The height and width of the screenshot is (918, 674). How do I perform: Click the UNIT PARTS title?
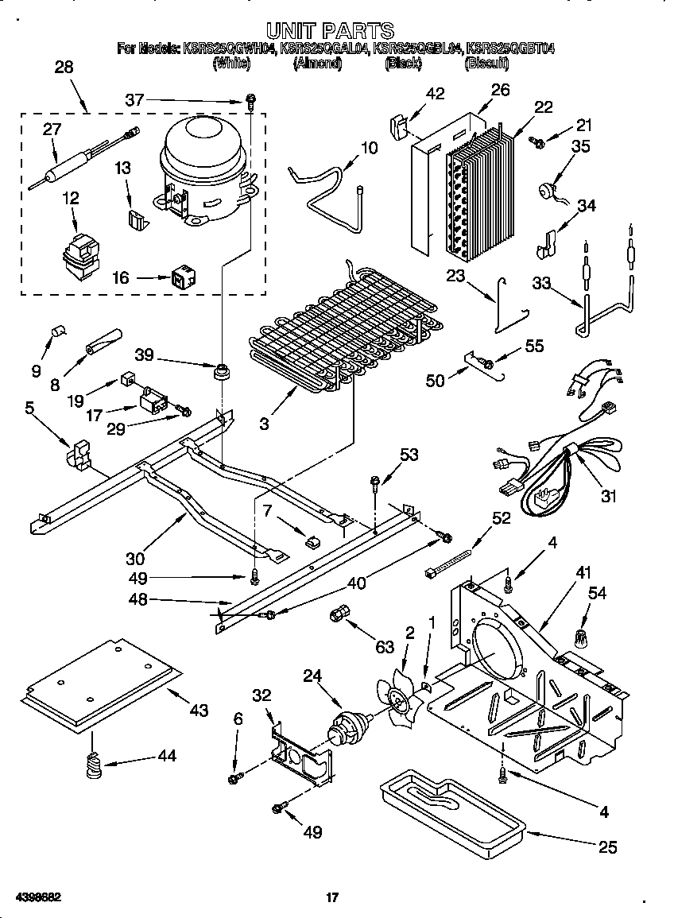330,30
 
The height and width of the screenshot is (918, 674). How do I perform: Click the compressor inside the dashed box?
204,171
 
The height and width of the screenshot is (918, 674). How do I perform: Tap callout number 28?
63,68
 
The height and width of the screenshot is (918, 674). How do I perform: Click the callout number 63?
385,648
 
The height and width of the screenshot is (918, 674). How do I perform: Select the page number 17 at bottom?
333,898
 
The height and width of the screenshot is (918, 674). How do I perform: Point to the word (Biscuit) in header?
486,63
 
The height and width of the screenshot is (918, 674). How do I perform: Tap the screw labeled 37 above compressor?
251,101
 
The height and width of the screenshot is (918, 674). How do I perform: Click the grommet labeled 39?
220,372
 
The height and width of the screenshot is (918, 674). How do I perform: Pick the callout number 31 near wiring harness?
608,498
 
